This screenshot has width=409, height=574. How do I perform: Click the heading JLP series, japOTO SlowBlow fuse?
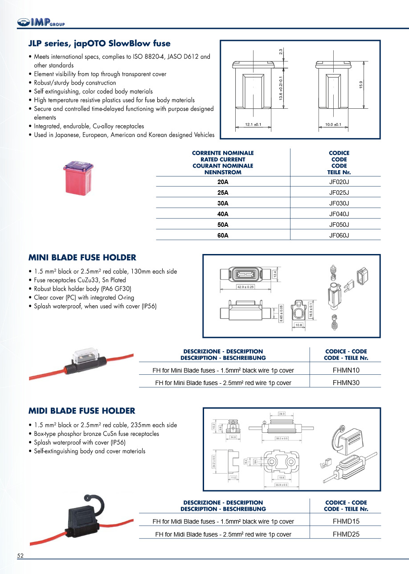click(99, 44)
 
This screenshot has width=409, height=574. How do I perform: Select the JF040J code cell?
click(339, 214)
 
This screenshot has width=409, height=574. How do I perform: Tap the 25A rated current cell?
click(223, 193)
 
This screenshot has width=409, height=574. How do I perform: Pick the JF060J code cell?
click(339, 235)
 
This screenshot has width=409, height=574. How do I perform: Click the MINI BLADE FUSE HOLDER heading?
click(82, 258)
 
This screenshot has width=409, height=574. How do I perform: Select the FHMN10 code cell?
click(346, 370)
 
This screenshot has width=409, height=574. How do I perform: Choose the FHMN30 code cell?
click(346, 383)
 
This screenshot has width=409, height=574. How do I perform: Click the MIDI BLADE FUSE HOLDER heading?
click(82, 411)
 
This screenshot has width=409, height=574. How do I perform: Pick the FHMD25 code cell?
click(346, 534)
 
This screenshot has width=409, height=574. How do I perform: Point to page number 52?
click(20, 556)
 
